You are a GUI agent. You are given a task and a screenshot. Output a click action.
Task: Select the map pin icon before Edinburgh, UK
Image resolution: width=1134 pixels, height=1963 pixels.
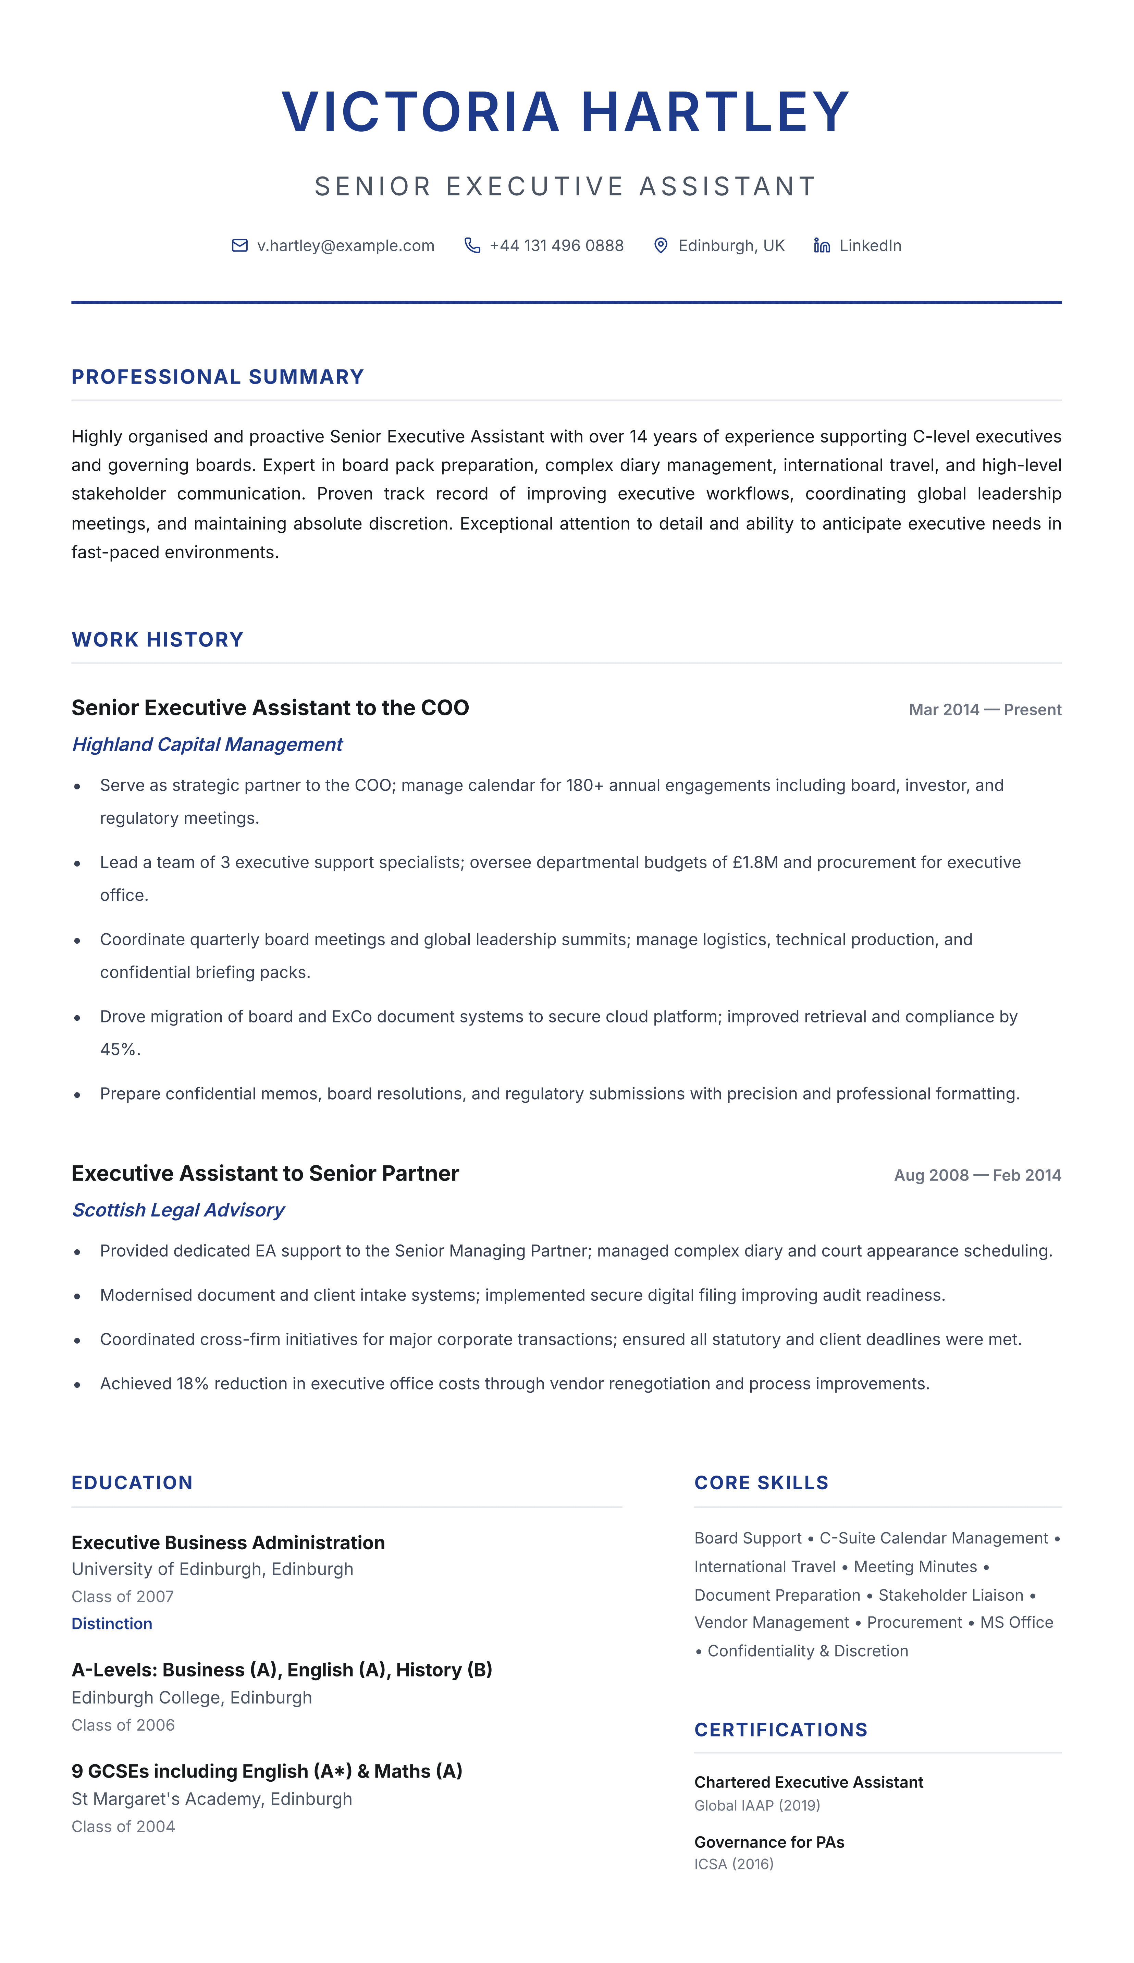[x=661, y=245]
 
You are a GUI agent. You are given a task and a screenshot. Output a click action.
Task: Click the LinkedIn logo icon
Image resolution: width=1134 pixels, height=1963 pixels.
[x=822, y=245]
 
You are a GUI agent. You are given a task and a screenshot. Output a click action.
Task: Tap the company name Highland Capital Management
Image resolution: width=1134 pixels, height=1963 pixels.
[x=207, y=745]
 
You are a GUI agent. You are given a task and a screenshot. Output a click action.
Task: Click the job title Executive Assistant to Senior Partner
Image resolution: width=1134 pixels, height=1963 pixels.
[x=265, y=1173]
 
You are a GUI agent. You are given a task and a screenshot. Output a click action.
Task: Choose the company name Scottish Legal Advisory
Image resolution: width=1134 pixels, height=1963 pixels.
[x=178, y=1210]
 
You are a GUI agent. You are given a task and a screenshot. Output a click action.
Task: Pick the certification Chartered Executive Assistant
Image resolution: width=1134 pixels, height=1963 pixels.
[x=809, y=1782]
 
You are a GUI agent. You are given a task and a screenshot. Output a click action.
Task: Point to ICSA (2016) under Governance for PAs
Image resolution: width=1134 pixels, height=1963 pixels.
[x=734, y=1864]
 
